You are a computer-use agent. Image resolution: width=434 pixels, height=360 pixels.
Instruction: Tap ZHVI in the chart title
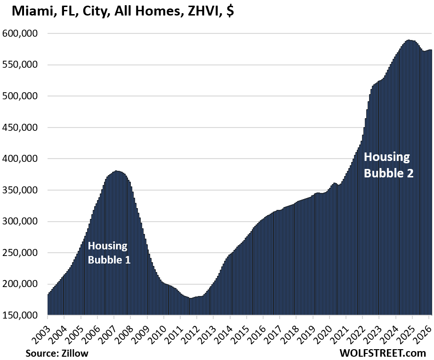point(201,11)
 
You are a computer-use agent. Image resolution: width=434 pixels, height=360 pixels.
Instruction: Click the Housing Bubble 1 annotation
point(108,252)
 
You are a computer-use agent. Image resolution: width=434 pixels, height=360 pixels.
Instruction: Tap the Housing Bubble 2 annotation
point(388,165)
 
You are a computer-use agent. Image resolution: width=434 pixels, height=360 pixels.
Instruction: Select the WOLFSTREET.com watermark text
point(382,352)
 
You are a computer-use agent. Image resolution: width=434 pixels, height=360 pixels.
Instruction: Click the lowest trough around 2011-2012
point(191,298)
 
